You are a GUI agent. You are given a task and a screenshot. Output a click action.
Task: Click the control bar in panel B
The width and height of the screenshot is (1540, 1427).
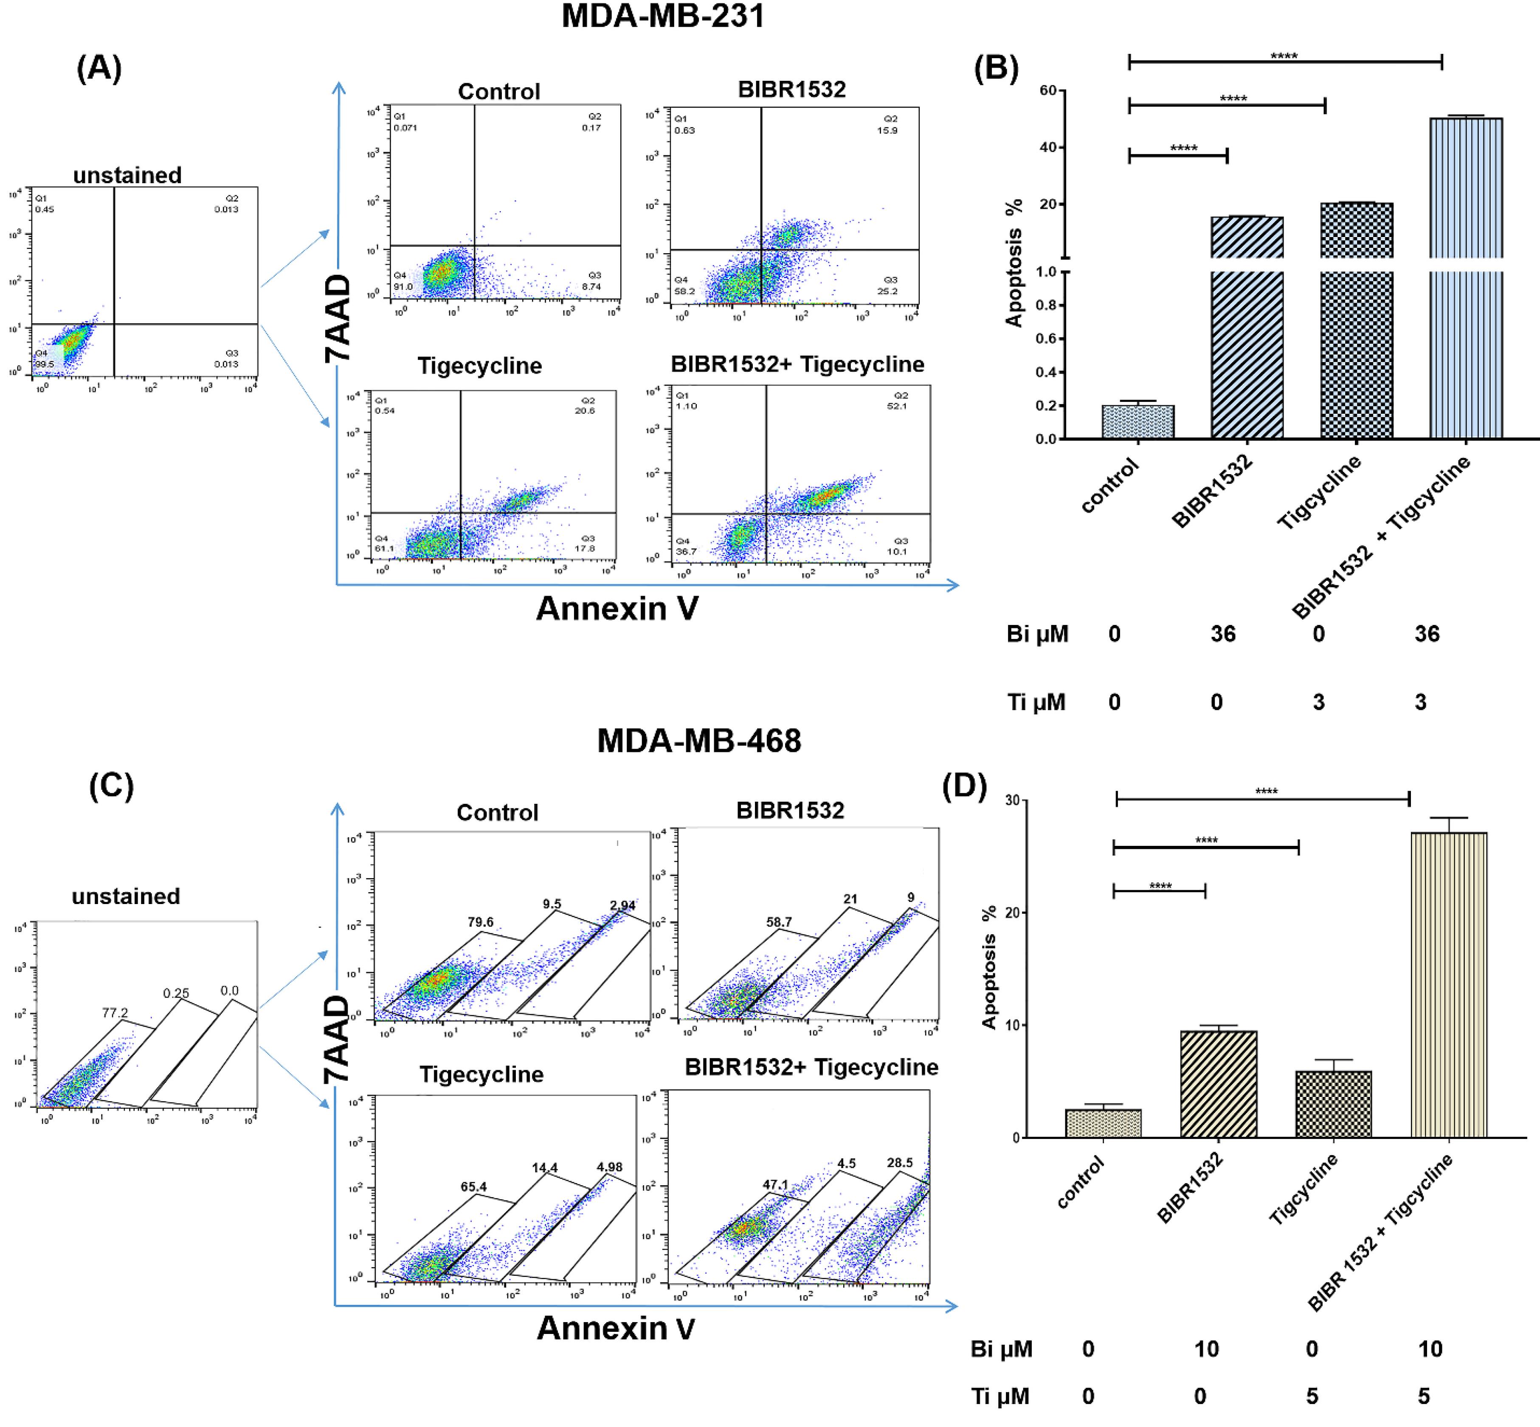click(x=1138, y=421)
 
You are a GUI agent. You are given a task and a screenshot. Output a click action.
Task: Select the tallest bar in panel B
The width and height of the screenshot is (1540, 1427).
click(x=1466, y=278)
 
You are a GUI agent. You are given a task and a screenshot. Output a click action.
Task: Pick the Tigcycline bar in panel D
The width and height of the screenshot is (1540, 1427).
click(x=1333, y=1104)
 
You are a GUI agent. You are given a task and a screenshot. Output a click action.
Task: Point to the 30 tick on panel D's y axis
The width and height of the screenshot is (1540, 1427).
click(x=1011, y=801)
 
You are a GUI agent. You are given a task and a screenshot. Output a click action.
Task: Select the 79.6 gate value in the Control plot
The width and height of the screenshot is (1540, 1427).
click(x=480, y=922)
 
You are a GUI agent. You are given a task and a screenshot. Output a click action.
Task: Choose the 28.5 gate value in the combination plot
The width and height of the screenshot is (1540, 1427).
click(x=899, y=1163)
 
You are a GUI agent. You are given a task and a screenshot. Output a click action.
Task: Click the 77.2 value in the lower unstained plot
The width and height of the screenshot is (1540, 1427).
click(x=115, y=1012)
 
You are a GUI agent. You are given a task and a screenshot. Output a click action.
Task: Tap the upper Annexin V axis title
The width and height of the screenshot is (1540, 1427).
click(x=617, y=608)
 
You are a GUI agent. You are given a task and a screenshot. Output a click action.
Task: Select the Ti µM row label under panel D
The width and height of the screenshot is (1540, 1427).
click(x=999, y=1396)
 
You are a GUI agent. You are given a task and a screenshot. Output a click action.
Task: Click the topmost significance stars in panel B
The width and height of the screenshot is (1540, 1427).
click(x=1284, y=56)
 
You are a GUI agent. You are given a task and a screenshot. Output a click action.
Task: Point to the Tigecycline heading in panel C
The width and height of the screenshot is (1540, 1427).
click(x=481, y=1074)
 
